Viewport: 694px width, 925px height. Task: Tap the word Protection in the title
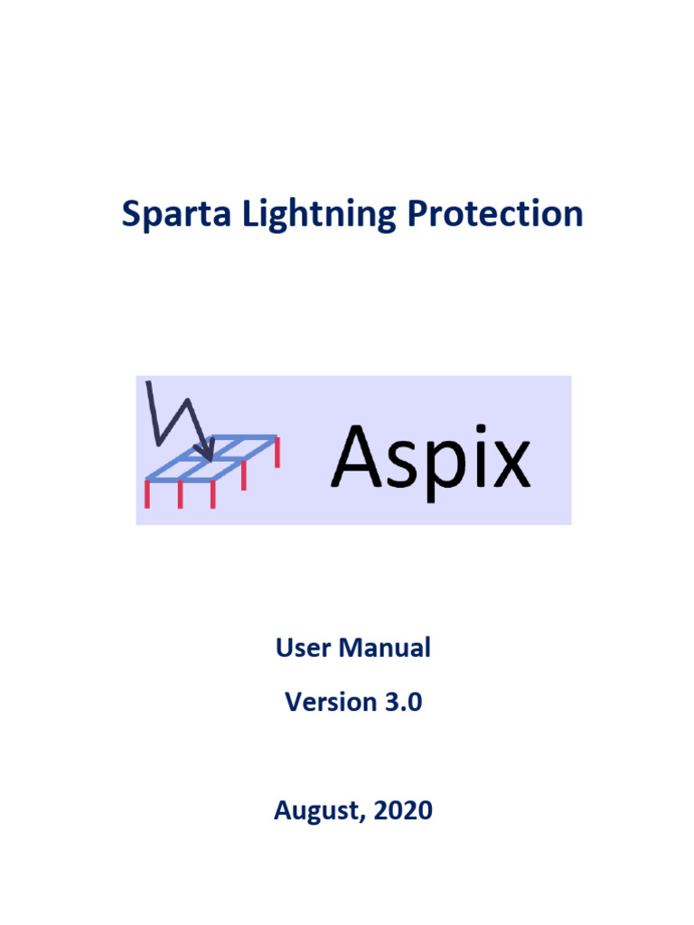(x=495, y=214)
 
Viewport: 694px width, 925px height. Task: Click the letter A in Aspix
(x=359, y=457)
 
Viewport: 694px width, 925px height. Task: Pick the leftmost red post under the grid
(x=147, y=493)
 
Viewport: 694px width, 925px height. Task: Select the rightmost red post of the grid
(x=277, y=452)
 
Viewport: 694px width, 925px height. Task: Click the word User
(x=299, y=648)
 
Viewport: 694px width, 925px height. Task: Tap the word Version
(x=324, y=702)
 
